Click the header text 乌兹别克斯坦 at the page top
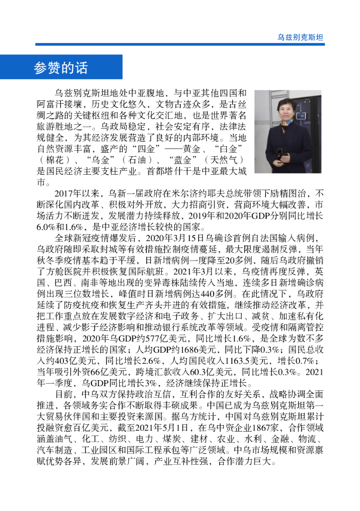click(x=300, y=37)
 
